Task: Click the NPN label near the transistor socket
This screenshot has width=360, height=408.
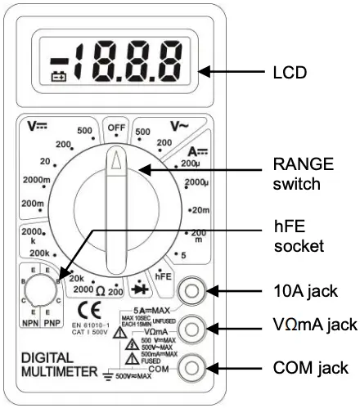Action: click(x=31, y=322)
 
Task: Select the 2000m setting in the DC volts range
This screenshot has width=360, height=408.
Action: click(x=34, y=180)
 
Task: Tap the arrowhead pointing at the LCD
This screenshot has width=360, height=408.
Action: click(x=204, y=72)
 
